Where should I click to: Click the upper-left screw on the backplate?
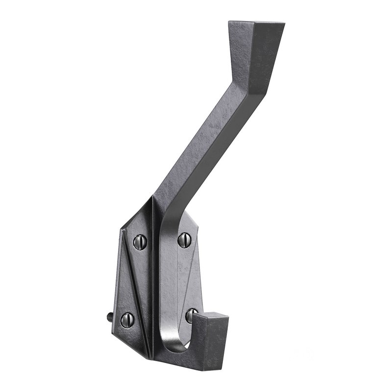(x=140, y=241)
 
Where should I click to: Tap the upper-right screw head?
(x=184, y=240)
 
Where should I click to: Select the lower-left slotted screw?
(x=127, y=319)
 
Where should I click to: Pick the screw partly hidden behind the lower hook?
(x=190, y=315)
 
